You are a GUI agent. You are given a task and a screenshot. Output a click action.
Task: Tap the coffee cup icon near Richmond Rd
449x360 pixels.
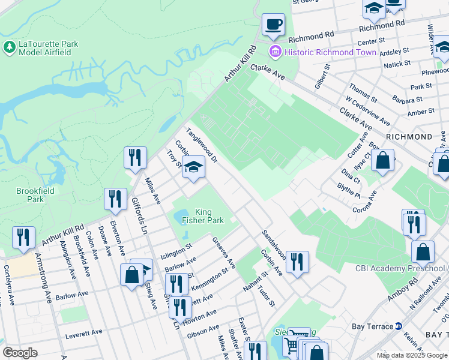(273, 25)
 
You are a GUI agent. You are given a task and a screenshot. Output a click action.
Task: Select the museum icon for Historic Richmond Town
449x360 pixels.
(276, 52)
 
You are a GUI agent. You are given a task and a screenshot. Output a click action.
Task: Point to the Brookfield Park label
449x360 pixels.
(35, 194)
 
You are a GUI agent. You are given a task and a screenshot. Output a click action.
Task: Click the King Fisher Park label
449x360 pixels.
(200, 216)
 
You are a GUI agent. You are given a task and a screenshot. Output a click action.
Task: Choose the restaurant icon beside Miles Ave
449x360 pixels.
(135, 158)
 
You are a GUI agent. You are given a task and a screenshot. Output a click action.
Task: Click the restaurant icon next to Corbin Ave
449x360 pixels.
(297, 262)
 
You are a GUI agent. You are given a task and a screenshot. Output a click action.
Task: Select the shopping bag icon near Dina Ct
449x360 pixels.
(382, 160)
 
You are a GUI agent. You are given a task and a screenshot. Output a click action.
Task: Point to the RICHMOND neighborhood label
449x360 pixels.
(409, 137)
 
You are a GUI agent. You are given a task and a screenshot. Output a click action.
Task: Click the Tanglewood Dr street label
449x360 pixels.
(201, 145)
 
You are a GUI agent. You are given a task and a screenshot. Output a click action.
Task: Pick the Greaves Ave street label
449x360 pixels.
(224, 252)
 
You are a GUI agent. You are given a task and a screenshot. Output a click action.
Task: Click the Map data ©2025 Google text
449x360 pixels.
(411, 355)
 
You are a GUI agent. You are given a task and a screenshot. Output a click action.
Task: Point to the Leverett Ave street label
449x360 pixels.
(85, 331)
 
